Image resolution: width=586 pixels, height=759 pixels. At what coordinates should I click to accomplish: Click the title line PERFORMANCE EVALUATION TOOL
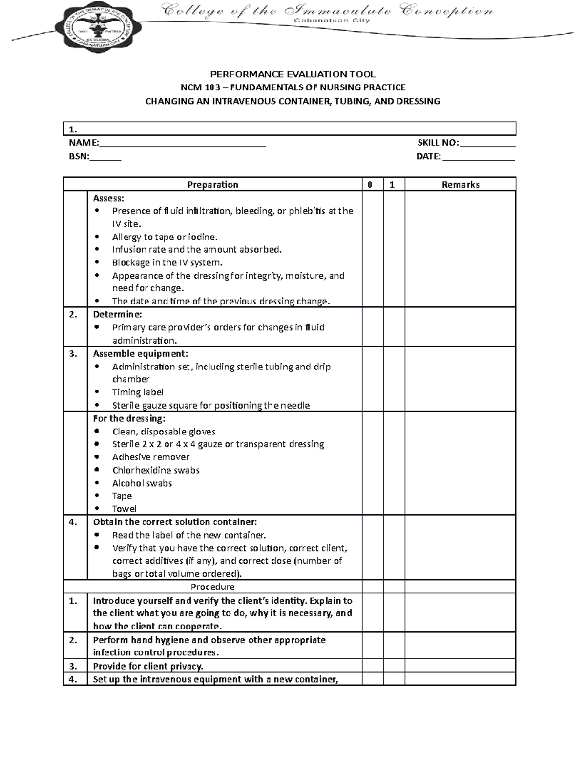click(293, 74)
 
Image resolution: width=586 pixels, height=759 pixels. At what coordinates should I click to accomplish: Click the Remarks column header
click(460, 184)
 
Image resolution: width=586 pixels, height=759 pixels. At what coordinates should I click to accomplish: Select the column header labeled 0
click(370, 184)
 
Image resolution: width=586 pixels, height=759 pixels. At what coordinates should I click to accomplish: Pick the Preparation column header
click(213, 184)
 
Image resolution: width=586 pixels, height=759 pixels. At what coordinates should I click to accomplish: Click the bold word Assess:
click(108, 198)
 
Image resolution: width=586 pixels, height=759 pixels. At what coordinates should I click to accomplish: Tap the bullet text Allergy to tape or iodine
click(165, 237)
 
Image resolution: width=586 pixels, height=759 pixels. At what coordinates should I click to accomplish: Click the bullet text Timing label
click(138, 392)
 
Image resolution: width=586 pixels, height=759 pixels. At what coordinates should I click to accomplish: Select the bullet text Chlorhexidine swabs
click(156, 470)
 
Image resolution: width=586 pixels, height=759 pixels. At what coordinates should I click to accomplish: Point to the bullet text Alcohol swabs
click(142, 483)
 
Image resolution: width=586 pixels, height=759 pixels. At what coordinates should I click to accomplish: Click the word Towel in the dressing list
click(124, 509)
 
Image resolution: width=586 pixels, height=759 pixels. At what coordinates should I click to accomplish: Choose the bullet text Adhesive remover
click(151, 457)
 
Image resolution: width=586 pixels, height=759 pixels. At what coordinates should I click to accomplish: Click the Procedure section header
click(212, 587)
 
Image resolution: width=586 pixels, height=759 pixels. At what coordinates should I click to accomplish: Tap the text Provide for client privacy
click(148, 666)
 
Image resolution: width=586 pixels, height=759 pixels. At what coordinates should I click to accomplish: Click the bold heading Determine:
click(117, 314)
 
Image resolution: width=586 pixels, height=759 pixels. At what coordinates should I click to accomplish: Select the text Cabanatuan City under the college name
click(332, 21)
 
